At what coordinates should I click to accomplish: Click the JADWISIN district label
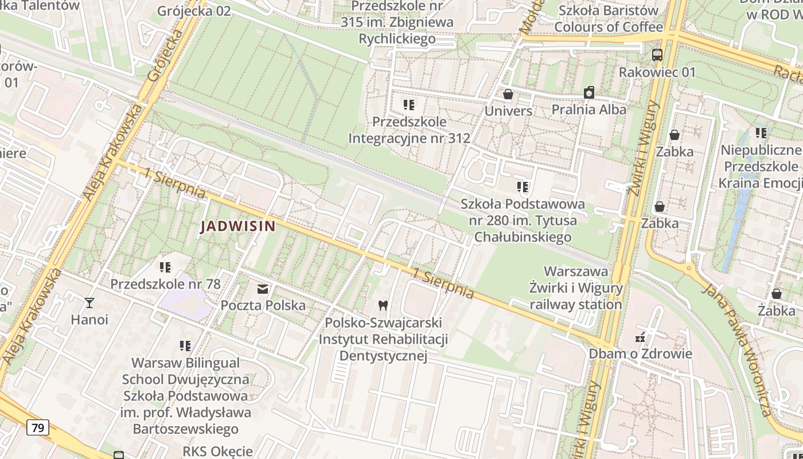[x=238, y=227]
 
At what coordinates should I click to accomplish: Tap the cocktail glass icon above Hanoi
[x=89, y=302]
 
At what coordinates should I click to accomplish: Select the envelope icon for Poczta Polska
[x=263, y=289]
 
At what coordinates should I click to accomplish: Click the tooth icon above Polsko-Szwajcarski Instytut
[x=383, y=305]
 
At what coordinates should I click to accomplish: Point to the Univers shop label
[x=508, y=111]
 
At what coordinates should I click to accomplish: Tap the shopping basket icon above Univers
[x=508, y=94]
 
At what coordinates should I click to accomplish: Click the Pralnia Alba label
[x=589, y=109]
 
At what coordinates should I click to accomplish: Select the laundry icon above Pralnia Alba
[x=589, y=92]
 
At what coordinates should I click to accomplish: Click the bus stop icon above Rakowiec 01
[x=657, y=55]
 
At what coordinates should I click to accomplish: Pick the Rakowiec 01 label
[x=657, y=72]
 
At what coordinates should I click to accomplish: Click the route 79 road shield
[x=38, y=427]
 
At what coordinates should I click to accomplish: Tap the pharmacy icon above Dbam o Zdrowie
[x=640, y=337]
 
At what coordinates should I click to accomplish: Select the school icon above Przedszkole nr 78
[x=165, y=267]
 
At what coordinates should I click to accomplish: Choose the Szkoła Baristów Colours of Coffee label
[x=609, y=18]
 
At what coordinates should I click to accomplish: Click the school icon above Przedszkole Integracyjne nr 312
[x=409, y=105]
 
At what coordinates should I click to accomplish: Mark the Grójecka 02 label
[x=194, y=11]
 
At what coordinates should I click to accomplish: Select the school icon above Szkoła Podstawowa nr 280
[x=523, y=187]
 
